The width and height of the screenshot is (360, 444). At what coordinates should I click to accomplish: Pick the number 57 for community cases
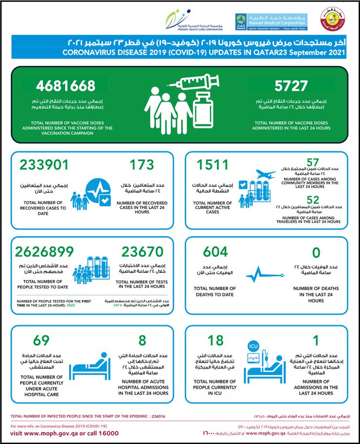312,162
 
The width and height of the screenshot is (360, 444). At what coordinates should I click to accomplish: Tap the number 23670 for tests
142,251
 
